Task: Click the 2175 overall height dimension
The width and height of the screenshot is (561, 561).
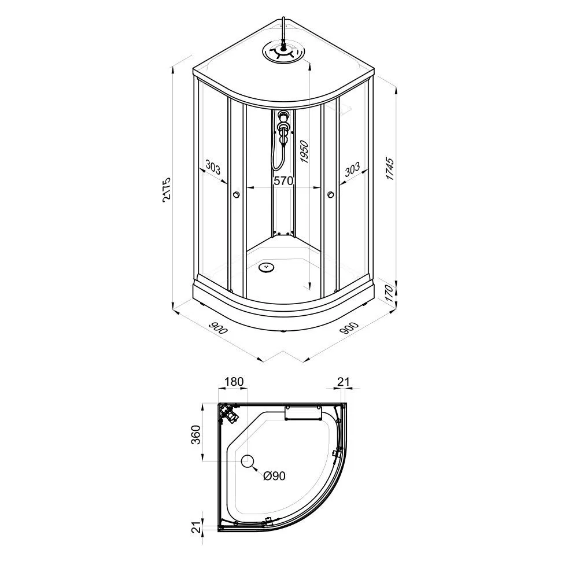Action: click(167, 189)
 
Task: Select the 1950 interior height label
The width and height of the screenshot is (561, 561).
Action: click(304, 150)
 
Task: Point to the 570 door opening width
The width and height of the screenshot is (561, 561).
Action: click(283, 181)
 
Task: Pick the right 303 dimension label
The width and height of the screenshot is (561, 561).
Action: click(352, 169)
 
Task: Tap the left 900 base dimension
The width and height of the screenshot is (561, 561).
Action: click(218, 327)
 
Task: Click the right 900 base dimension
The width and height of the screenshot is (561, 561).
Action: click(349, 328)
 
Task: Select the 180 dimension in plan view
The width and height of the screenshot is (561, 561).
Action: click(234, 382)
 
